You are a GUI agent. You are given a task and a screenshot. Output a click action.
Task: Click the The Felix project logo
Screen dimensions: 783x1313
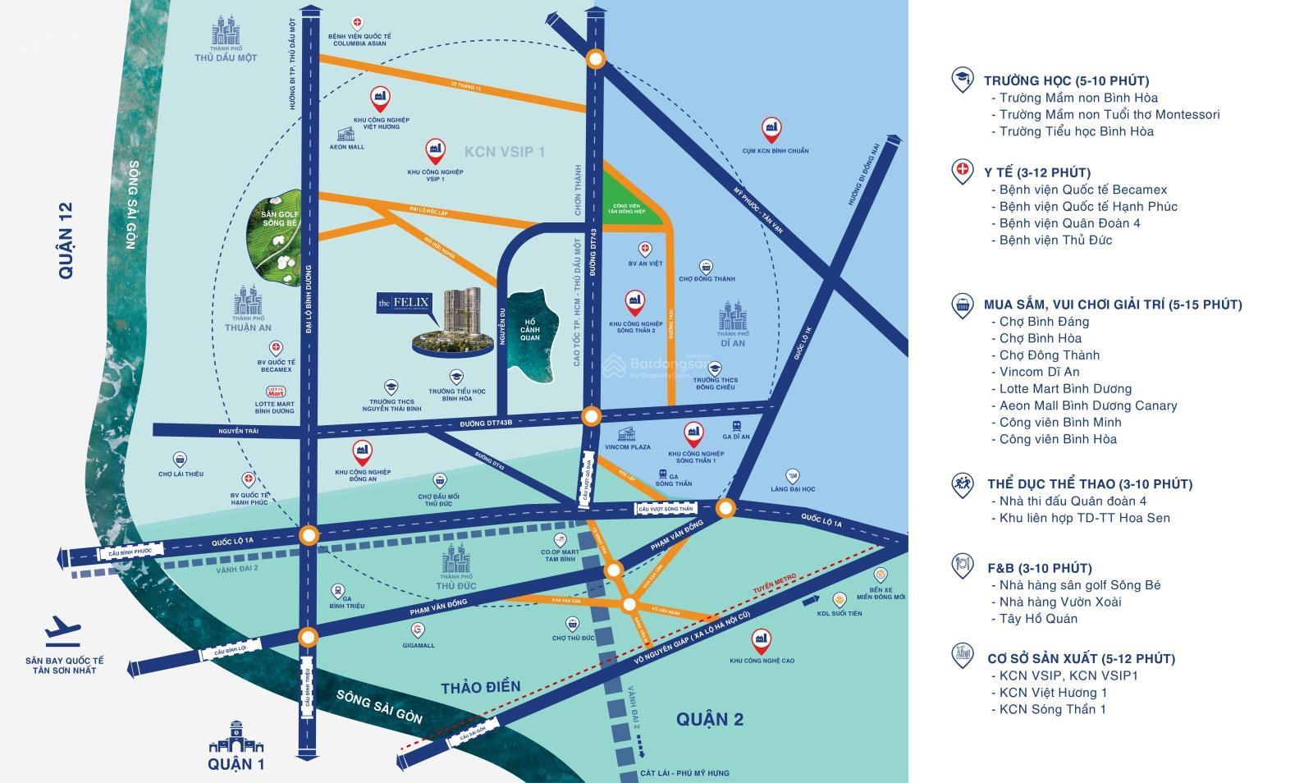coord(403,303)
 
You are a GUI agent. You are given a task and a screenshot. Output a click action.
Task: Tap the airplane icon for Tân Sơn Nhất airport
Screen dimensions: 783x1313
coord(62,630)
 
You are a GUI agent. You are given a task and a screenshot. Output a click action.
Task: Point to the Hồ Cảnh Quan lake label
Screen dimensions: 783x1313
coord(530,329)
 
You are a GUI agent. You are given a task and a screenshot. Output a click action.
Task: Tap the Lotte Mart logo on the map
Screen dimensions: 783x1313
coord(276,391)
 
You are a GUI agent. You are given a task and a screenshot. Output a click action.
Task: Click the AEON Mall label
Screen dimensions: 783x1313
coord(347,147)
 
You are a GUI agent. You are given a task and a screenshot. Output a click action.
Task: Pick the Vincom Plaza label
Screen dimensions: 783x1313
coord(628,446)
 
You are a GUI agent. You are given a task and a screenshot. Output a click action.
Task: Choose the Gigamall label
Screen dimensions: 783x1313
coord(419,645)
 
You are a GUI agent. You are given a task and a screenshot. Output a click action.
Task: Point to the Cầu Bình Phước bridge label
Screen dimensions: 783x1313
coord(130,552)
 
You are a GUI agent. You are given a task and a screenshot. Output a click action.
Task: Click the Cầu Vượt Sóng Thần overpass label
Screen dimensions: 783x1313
coord(666,510)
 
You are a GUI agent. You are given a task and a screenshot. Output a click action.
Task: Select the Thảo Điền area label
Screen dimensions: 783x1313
coord(480,687)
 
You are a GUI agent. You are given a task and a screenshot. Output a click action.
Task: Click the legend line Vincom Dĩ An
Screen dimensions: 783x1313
coord(1039,372)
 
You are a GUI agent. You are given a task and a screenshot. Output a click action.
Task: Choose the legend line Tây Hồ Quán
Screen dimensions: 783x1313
coord(1038,619)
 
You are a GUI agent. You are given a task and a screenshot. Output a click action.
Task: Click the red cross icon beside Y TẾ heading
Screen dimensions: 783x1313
coord(962,171)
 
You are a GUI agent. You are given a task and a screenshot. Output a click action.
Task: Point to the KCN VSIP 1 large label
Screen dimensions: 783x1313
coord(505,152)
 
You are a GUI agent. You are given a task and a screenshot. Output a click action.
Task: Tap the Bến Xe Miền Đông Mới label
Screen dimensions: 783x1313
coord(881,593)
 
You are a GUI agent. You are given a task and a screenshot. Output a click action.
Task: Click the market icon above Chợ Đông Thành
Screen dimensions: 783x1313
coord(707,267)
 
